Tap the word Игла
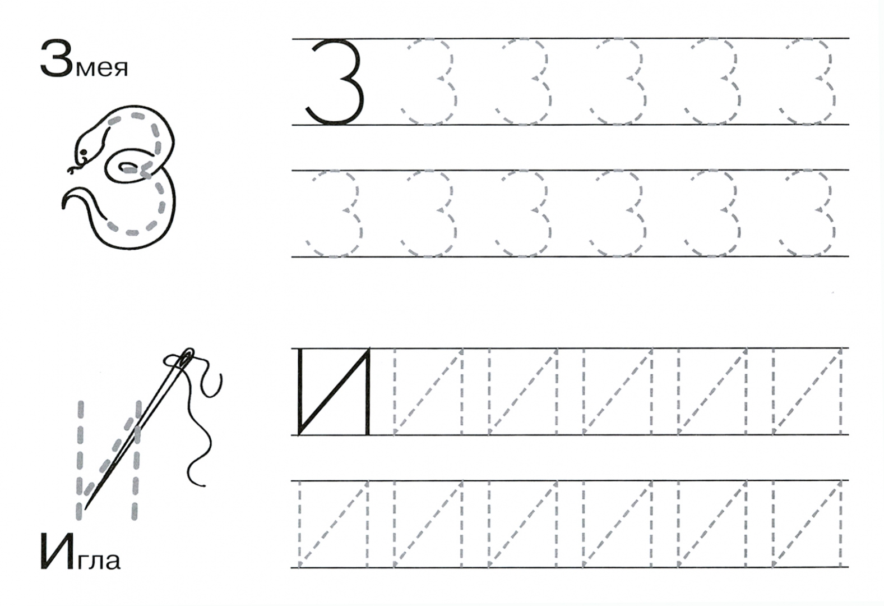click(80, 551)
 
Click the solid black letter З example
click(334, 82)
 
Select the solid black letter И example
click(334, 392)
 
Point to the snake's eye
click(83, 153)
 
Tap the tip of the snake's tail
click(63, 205)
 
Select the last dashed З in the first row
click(807, 82)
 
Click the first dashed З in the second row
click(334, 214)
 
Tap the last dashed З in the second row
click(807, 214)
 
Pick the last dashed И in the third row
click(807, 392)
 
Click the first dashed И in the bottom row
click(334, 524)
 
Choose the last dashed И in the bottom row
click(807, 524)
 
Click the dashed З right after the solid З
click(428, 82)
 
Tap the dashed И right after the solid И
click(429, 392)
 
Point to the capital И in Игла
click(57, 551)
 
